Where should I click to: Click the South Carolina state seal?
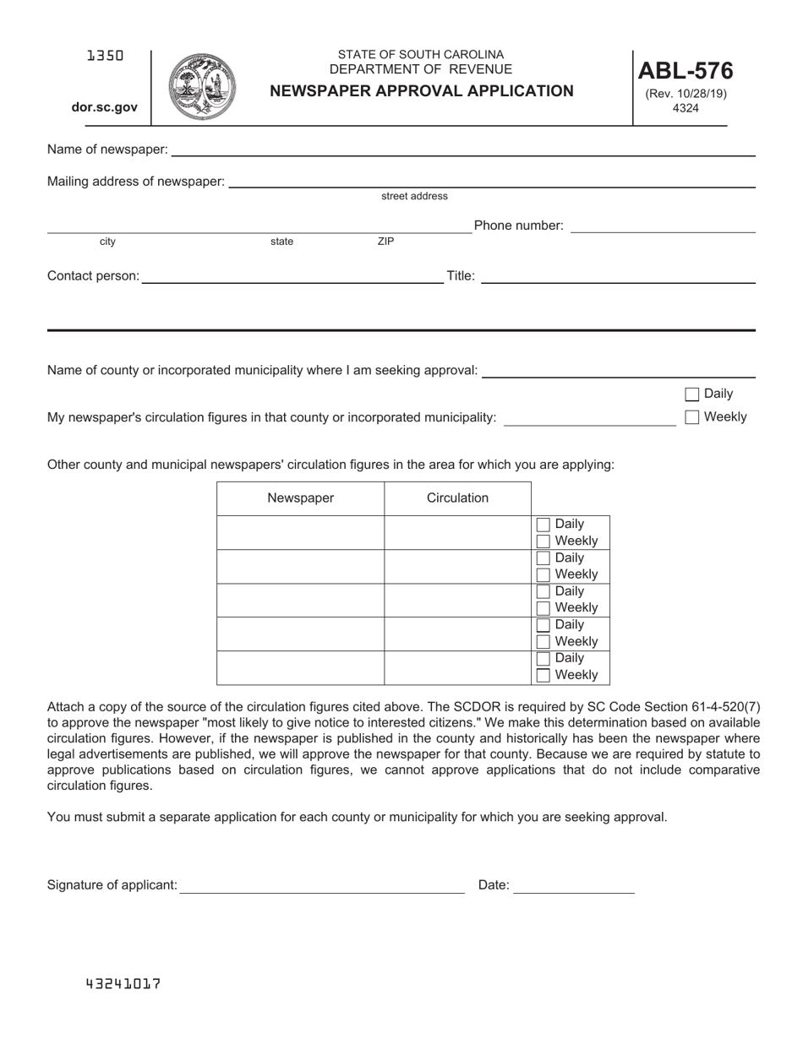pos(202,87)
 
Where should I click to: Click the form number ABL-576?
pos(685,71)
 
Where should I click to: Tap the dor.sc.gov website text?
pos(105,107)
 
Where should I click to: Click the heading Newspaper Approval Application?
pos(421,91)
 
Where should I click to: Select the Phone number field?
pos(663,226)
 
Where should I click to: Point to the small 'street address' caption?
pos(414,196)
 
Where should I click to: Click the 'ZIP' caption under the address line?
pos(385,242)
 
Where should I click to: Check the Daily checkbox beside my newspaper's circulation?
pos(692,394)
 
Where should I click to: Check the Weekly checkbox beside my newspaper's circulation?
pos(692,416)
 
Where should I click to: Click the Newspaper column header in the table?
pos(300,498)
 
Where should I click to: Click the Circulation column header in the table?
pos(457,498)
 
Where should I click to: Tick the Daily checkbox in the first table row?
pos(544,525)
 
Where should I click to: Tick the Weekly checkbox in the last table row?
pos(544,675)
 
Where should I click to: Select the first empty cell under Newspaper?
pos(300,533)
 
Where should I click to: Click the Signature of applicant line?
pos(322,885)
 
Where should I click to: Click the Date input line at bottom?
pos(574,885)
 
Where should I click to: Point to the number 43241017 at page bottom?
pos(123,984)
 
